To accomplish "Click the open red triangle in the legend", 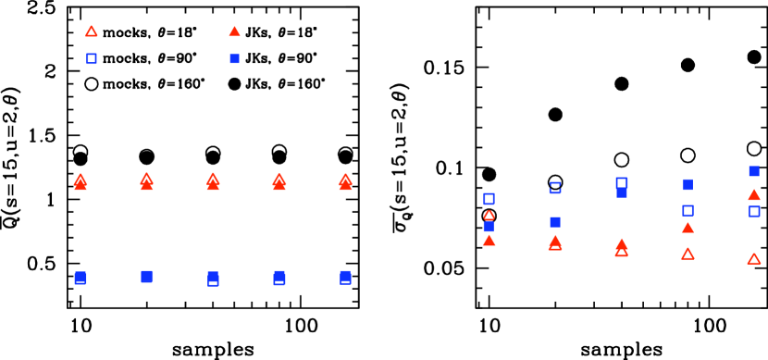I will click(92, 31).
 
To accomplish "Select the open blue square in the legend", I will click(92, 59).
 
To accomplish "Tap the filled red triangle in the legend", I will click(234, 31).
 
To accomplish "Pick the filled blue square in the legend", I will click(234, 59).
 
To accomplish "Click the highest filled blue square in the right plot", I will click(754, 171).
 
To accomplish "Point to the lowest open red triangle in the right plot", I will click(754, 259).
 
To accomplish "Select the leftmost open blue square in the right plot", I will click(489, 199).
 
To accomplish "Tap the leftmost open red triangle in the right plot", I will click(489, 216).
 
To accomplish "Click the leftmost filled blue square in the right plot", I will click(489, 227).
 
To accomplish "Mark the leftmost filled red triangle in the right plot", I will click(489, 241).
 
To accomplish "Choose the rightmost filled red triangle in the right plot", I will click(754, 195).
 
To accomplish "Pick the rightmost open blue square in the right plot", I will click(754, 211).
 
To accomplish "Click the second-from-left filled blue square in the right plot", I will click(555, 222).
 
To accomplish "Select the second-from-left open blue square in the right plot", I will click(555, 188).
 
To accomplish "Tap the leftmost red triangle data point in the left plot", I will click(81, 181).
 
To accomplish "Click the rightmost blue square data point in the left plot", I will click(345, 277).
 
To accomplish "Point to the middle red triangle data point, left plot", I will click(213, 181).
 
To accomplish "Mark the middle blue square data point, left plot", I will click(213, 278).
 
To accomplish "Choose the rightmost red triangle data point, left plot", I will click(345, 181).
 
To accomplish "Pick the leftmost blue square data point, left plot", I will click(81, 278).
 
